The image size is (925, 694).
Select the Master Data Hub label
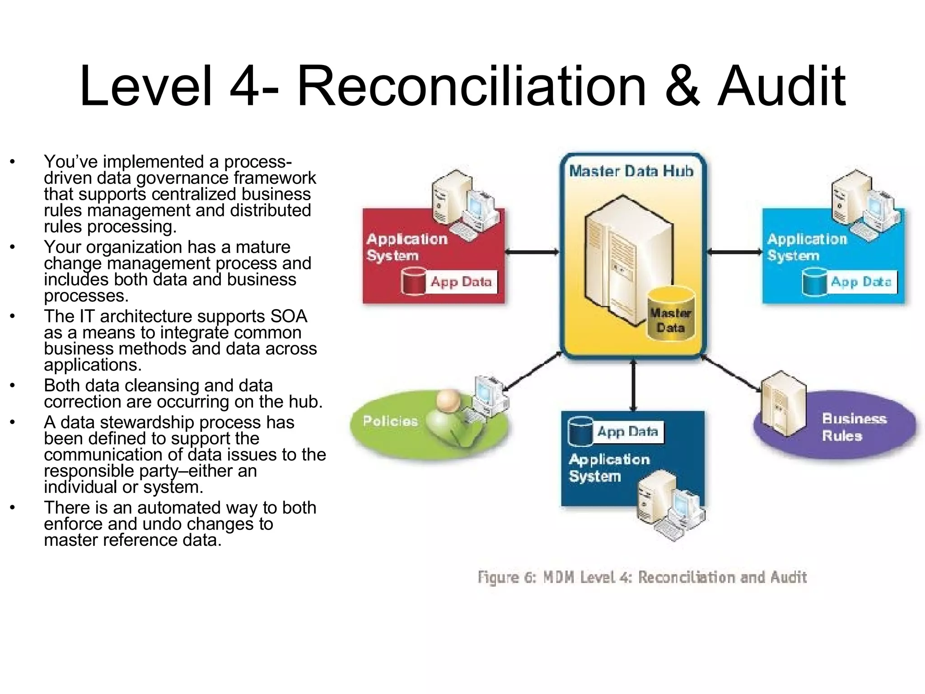click(631, 171)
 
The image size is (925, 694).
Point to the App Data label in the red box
click(461, 282)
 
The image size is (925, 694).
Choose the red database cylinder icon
click(413, 281)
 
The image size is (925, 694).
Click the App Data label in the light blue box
click(861, 282)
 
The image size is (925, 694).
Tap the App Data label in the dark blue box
click(628, 432)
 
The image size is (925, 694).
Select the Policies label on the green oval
click(390, 421)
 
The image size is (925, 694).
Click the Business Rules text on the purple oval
click(854, 427)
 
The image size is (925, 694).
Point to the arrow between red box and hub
click(532, 252)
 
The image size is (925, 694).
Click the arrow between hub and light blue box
click(734, 252)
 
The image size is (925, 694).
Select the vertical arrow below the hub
click(633, 385)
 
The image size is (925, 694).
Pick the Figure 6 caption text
click(642, 577)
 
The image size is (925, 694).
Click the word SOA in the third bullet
click(289, 316)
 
